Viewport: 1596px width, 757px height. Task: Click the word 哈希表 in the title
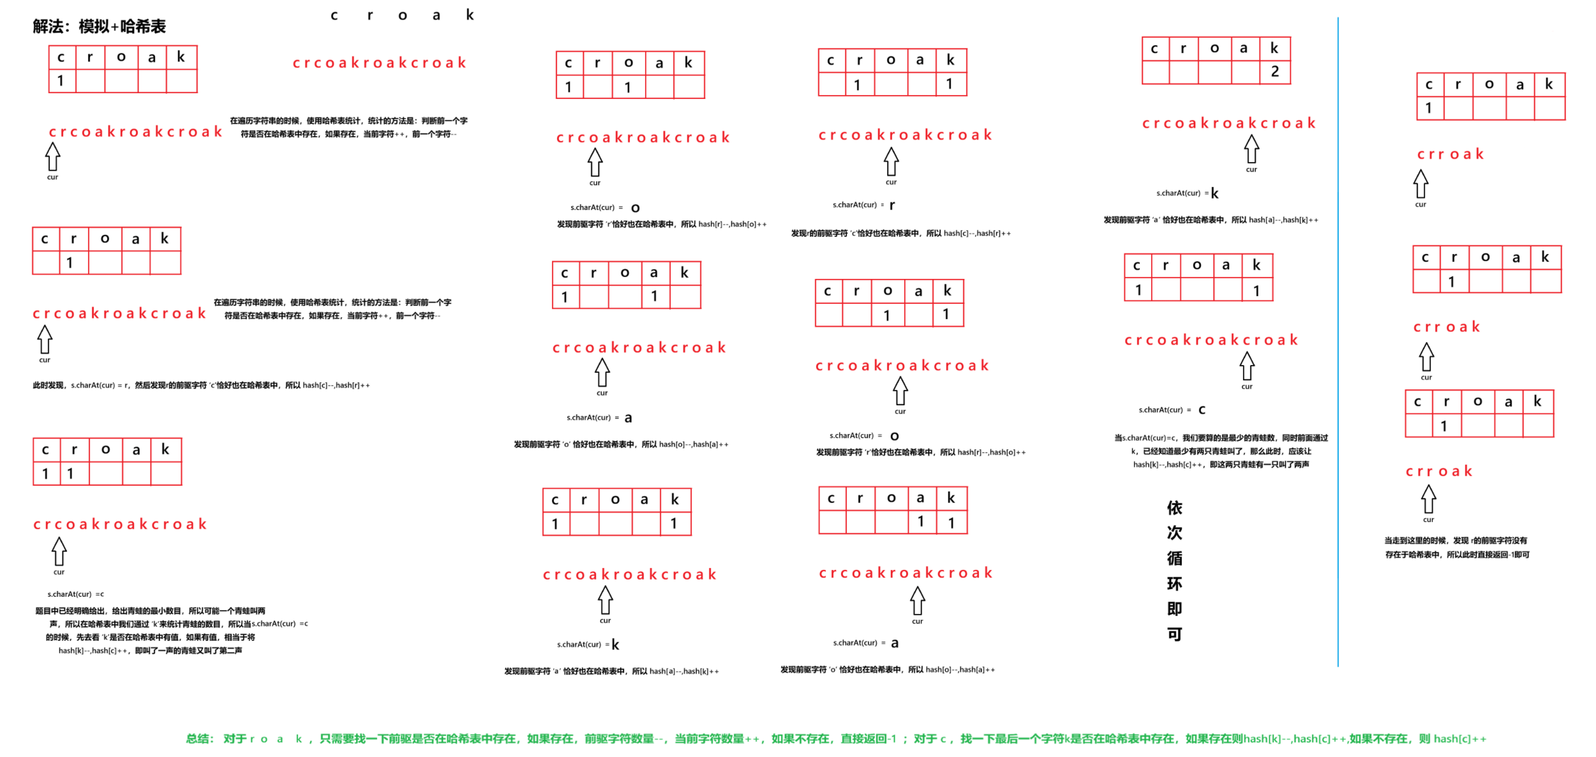click(143, 27)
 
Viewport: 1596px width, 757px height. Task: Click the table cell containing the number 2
click(1274, 71)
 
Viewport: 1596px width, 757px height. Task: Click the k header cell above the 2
click(1274, 48)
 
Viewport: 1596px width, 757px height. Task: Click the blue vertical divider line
click(1338, 319)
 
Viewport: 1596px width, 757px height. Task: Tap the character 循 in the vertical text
click(1174, 558)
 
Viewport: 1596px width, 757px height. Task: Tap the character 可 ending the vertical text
click(1174, 634)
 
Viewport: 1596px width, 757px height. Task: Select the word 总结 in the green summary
click(200, 738)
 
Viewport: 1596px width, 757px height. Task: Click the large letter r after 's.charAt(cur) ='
click(892, 205)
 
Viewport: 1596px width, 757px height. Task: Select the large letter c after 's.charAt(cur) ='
click(1202, 410)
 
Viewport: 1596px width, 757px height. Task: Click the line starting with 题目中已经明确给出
click(150, 611)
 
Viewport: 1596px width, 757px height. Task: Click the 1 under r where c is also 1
click(70, 474)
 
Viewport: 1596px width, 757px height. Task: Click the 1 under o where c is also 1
click(627, 87)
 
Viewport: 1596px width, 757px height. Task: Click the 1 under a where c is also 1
click(654, 297)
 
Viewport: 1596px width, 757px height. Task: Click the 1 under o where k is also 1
click(886, 315)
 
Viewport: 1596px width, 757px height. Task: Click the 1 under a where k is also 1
click(920, 521)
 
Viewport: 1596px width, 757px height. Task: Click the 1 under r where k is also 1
click(857, 84)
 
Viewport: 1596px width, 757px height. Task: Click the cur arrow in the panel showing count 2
click(1251, 150)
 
